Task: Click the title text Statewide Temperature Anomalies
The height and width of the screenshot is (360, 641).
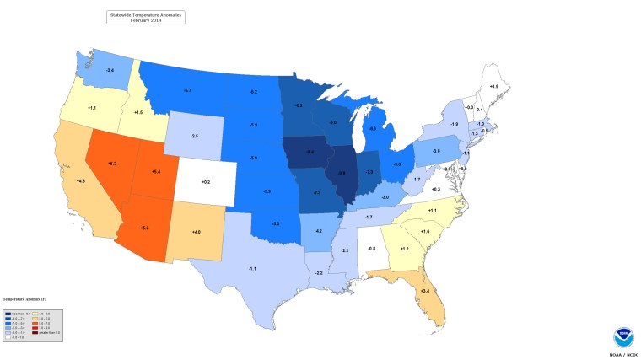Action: click(145, 13)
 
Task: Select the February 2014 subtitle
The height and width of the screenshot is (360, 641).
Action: click(145, 19)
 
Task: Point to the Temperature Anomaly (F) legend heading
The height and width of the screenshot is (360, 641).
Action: click(23, 298)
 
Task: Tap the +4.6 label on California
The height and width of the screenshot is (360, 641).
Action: click(81, 180)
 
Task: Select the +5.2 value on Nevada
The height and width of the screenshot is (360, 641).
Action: click(112, 163)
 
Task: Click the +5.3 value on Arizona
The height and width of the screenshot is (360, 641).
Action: click(145, 228)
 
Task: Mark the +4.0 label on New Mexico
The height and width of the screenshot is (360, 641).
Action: click(196, 232)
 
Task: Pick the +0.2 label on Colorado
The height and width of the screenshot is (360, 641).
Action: click(205, 181)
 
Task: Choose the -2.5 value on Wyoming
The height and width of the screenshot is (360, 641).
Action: click(194, 136)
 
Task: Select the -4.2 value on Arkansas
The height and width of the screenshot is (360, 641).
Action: click(318, 230)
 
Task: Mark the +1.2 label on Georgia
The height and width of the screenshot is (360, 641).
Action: click(404, 249)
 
